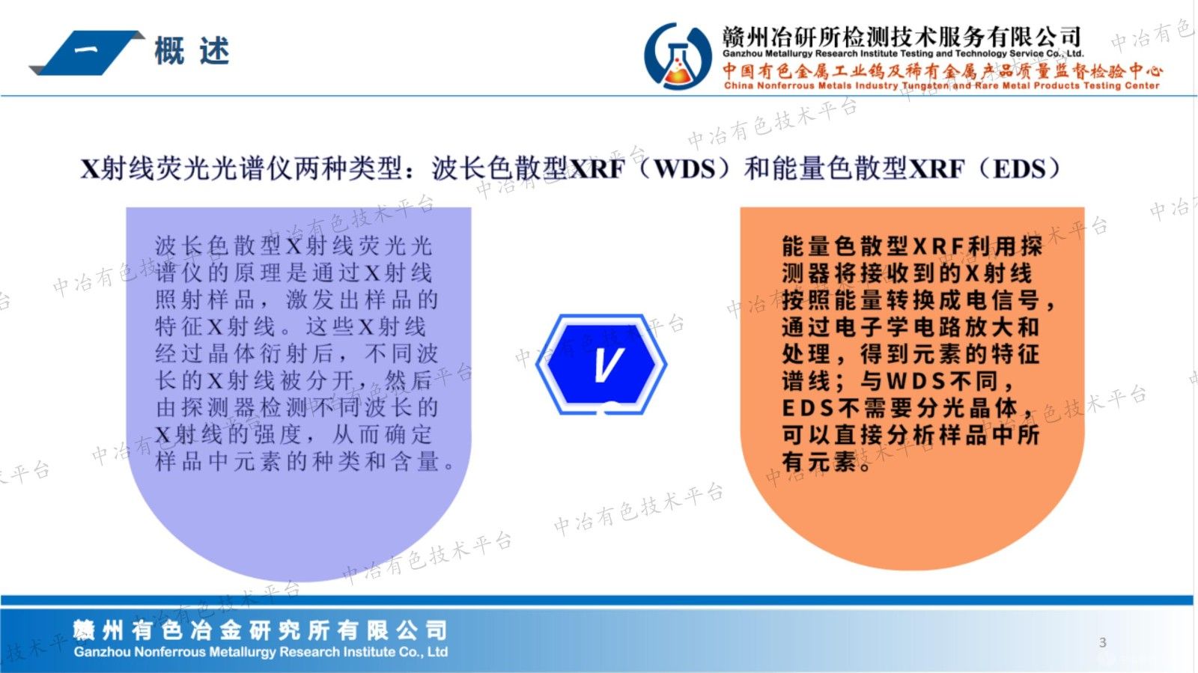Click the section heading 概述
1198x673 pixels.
pyautogui.click(x=192, y=51)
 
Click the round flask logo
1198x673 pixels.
pyautogui.click(x=678, y=57)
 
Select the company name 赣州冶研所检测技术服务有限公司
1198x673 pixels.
pyautogui.click(x=901, y=36)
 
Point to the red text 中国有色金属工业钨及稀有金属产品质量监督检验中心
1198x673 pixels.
pyautogui.click(x=942, y=71)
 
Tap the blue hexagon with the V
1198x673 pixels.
pyautogui.click(x=602, y=365)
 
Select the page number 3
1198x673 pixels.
pyautogui.click(x=1102, y=642)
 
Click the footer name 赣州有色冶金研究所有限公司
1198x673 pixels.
pyautogui.click(x=260, y=630)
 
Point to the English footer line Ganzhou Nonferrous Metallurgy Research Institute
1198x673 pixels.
pyautogui.click(x=261, y=652)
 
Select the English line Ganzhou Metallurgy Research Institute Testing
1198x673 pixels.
pyautogui.click(x=901, y=54)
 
